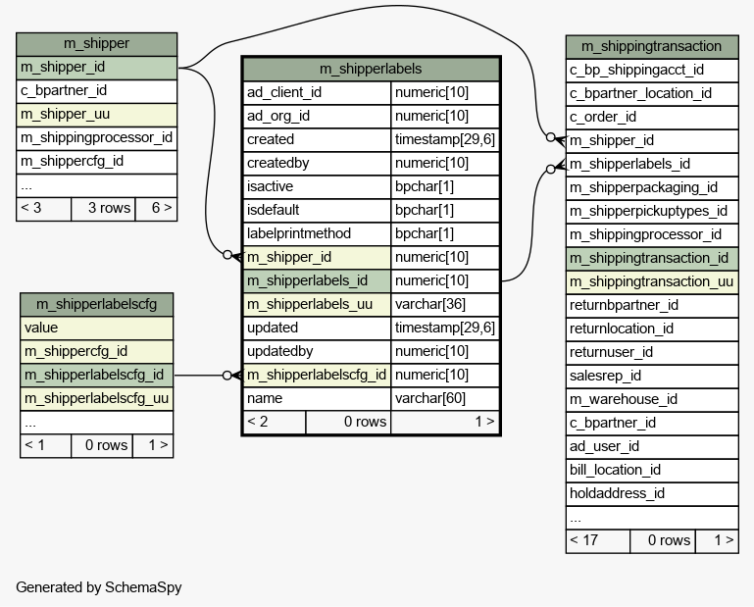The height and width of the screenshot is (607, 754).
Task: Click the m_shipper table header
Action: tap(96, 44)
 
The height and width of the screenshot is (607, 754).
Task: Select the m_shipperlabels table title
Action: tap(371, 69)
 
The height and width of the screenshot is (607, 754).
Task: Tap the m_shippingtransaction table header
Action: tap(651, 46)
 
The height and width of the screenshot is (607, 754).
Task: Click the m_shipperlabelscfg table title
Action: tap(97, 303)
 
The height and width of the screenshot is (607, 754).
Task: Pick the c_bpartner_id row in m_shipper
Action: tap(96, 91)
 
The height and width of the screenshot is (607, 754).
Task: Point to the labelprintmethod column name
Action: tap(317, 233)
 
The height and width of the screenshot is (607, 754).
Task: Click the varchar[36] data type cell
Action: tap(445, 304)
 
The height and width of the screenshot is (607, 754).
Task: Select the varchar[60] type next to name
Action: tap(445, 398)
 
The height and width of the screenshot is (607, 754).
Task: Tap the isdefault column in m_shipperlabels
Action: tap(317, 210)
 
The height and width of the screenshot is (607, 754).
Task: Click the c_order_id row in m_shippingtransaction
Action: tap(651, 117)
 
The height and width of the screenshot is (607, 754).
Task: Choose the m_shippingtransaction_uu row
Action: tap(651, 281)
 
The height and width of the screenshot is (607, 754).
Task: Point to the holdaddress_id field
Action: tap(651, 493)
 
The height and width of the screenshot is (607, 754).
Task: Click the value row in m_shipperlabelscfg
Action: tap(96, 328)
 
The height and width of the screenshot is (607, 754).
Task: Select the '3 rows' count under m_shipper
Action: tap(102, 208)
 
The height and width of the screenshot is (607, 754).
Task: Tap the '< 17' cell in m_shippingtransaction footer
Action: tap(597, 540)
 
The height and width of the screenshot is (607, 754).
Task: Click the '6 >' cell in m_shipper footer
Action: tap(155, 208)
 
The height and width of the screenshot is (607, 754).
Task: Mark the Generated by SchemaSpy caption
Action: tap(98, 587)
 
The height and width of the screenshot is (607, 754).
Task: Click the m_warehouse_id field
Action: tap(651, 399)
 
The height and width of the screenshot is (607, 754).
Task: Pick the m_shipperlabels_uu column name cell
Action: tap(317, 304)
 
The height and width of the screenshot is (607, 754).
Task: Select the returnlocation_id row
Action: tap(651, 329)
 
